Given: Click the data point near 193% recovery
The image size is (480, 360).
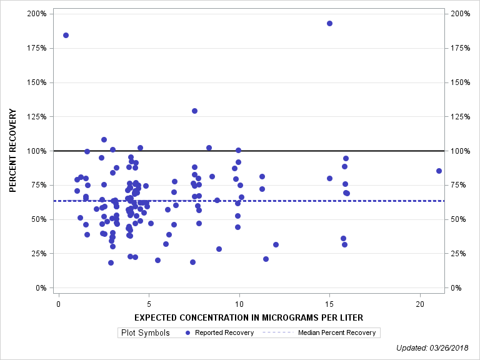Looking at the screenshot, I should (x=329, y=23).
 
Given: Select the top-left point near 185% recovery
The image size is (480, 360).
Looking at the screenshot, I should (x=66, y=35).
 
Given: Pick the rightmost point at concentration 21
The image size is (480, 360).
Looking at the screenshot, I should (x=439, y=171).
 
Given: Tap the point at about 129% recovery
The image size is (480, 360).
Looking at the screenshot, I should (x=194, y=111).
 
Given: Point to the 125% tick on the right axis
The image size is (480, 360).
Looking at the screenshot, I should (x=459, y=116).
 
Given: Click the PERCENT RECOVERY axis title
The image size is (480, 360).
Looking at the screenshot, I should (x=12, y=151).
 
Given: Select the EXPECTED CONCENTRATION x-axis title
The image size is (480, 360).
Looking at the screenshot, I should (x=248, y=317).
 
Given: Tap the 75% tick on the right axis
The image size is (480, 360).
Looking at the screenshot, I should (x=457, y=185).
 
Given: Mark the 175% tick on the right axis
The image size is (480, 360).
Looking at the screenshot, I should (x=459, y=48).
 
